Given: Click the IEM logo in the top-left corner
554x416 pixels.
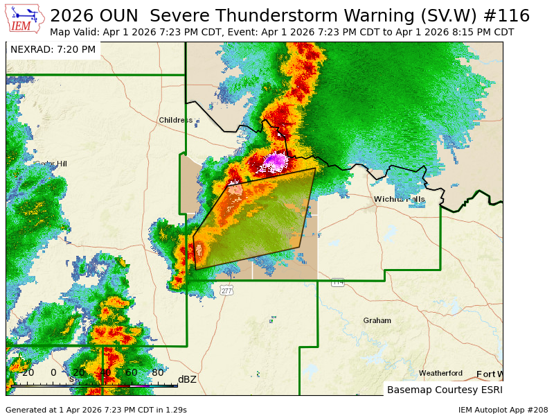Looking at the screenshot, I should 25,19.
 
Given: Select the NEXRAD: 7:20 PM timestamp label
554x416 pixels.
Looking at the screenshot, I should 53,49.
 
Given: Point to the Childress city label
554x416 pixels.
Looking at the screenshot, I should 176,120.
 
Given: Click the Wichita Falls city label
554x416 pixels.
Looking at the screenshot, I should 400,199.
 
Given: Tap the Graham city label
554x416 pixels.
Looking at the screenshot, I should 377,320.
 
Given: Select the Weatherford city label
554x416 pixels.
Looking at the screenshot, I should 440,373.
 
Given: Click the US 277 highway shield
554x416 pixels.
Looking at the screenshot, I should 227,291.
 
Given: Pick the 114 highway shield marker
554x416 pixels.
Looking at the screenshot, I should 337,281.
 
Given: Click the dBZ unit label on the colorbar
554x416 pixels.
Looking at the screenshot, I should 187,379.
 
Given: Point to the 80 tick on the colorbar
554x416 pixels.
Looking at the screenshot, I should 157,372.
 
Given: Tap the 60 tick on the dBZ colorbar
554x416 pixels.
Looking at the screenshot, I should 132,372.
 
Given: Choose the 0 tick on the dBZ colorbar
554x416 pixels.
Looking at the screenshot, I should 53,372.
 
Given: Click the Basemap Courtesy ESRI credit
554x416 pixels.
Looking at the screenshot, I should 443,390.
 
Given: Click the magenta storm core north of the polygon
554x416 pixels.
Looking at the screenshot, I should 276,162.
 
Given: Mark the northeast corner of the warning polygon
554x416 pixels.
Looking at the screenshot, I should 315,168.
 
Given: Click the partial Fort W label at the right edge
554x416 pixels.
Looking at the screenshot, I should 489,374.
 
